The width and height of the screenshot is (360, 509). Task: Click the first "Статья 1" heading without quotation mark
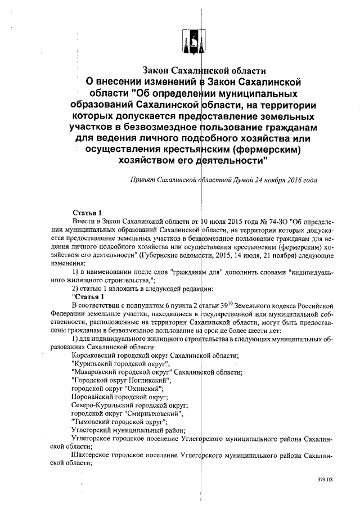click(x=87, y=213)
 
